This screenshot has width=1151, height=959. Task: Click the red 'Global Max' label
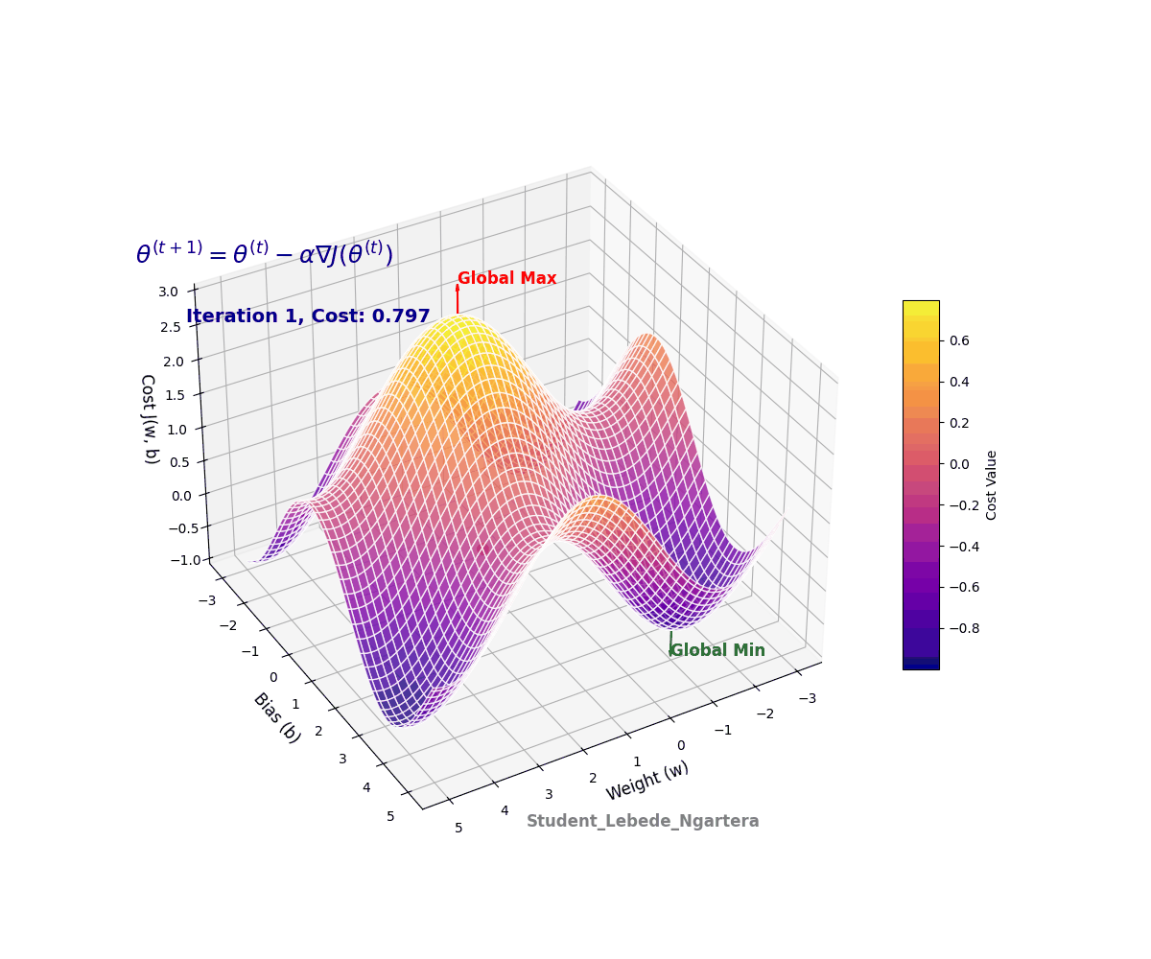click(x=506, y=279)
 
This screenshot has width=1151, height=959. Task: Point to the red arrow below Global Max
click(x=458, y=298)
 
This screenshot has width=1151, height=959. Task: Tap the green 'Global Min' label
click(x=717, y=651)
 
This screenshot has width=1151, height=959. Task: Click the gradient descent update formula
click(x=265, y=254)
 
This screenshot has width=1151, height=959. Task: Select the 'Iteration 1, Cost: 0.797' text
click(x=308, y=316)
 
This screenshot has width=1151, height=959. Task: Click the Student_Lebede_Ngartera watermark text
click(x=643, y=822)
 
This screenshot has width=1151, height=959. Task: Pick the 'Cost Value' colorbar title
click(x=992, y=485)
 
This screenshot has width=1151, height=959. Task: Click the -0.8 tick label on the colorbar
click(x=967, y=628)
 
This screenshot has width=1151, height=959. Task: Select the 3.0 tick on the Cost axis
click(x=170, y=292)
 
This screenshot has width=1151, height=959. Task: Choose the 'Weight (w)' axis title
click(x=646, y=781)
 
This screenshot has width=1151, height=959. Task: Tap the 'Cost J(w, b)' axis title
click(x=150, y=419)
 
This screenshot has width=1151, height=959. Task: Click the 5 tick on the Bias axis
click(x=391, y=816)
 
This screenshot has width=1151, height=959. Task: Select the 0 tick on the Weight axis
click(x=681, y=745)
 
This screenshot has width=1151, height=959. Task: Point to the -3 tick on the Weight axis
click(x=808, y=698)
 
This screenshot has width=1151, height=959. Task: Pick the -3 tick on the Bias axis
click(x=205, y=601)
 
